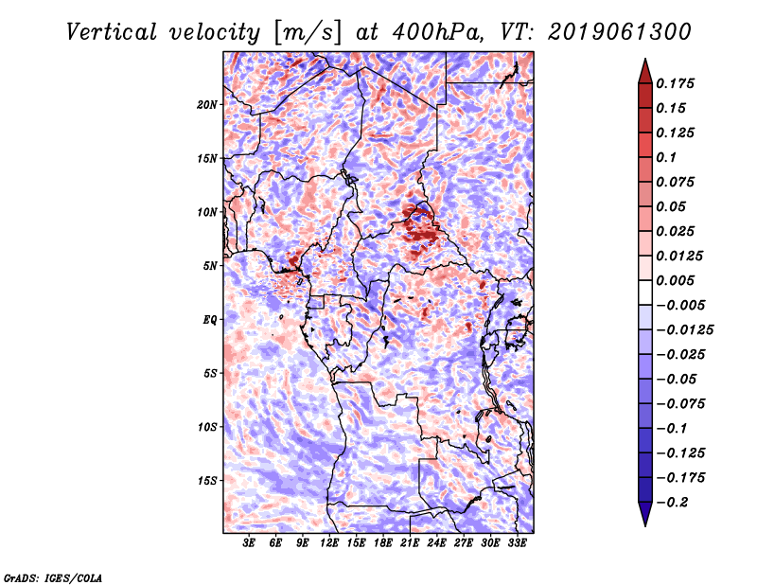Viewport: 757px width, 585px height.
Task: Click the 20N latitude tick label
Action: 207,104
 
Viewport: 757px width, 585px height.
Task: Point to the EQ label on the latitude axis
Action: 210,320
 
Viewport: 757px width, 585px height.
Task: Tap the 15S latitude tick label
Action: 207,481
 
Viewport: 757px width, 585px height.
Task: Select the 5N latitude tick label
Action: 210,266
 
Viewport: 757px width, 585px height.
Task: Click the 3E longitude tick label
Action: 250,543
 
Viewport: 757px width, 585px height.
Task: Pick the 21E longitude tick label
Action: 410,543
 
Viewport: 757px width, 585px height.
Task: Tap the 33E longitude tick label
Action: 517,543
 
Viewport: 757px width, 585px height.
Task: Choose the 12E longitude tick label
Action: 329,543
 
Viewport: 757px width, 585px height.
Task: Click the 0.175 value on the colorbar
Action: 678,83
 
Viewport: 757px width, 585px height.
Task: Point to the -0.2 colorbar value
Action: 678,502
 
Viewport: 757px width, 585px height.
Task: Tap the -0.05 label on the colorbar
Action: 678,379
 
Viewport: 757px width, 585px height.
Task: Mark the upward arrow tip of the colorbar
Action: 644,61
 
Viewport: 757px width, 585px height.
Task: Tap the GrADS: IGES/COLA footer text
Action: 52,576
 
